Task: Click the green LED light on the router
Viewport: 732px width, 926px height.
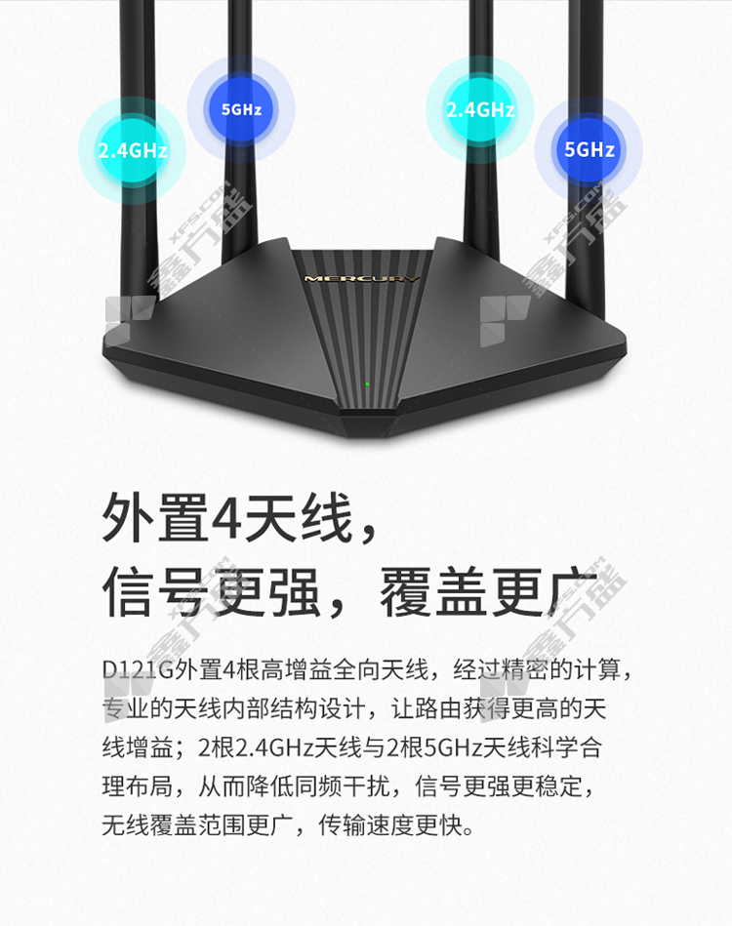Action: (368, 384)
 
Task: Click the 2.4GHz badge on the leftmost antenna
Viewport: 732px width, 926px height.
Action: (133, 150)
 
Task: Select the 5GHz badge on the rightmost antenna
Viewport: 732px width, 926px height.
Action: (590, 149)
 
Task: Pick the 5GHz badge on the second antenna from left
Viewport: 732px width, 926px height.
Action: (241, 109)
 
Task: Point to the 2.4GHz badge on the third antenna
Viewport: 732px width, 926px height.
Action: (480, 109)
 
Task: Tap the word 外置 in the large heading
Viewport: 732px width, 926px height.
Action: (156, 518)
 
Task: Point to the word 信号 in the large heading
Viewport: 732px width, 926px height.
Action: (156, 592)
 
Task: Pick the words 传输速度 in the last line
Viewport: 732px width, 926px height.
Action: (366, 825)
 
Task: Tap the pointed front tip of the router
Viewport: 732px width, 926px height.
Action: (366, 436)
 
